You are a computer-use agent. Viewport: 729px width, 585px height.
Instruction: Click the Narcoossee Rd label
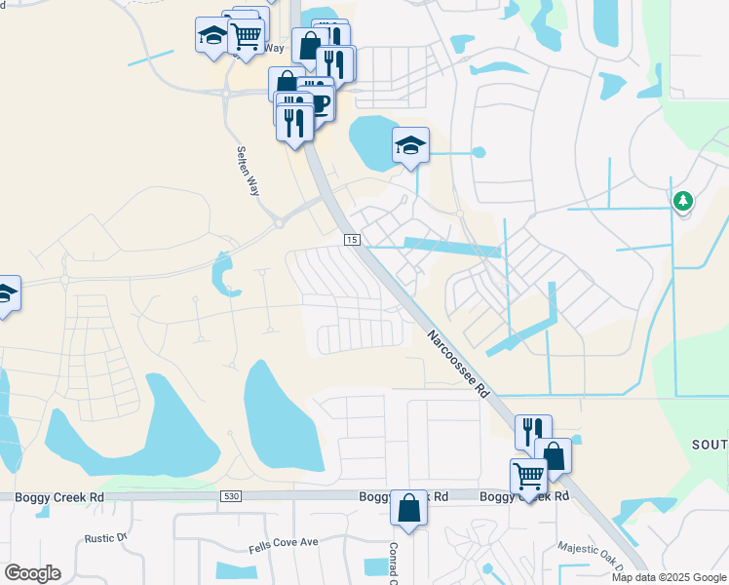455,364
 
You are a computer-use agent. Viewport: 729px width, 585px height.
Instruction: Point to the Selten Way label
247,171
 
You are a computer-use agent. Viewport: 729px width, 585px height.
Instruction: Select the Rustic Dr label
106,537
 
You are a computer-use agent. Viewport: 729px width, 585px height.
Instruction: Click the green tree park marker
683,201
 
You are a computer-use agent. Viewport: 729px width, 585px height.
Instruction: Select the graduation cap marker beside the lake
410,147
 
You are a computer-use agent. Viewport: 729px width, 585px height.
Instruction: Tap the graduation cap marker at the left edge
5,293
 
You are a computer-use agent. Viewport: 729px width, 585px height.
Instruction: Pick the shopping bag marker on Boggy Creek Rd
409,508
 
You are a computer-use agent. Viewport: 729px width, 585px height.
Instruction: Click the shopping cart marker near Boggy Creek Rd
528,477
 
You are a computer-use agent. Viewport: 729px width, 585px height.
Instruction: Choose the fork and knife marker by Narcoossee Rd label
533,432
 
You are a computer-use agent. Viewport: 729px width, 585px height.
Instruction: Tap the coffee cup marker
318,100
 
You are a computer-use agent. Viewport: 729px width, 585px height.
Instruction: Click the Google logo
33,572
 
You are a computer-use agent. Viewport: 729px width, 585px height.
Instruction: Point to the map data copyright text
670,577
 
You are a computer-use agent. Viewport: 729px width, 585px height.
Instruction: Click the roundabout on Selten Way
279,223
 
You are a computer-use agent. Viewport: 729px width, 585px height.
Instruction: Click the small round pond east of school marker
478,153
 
